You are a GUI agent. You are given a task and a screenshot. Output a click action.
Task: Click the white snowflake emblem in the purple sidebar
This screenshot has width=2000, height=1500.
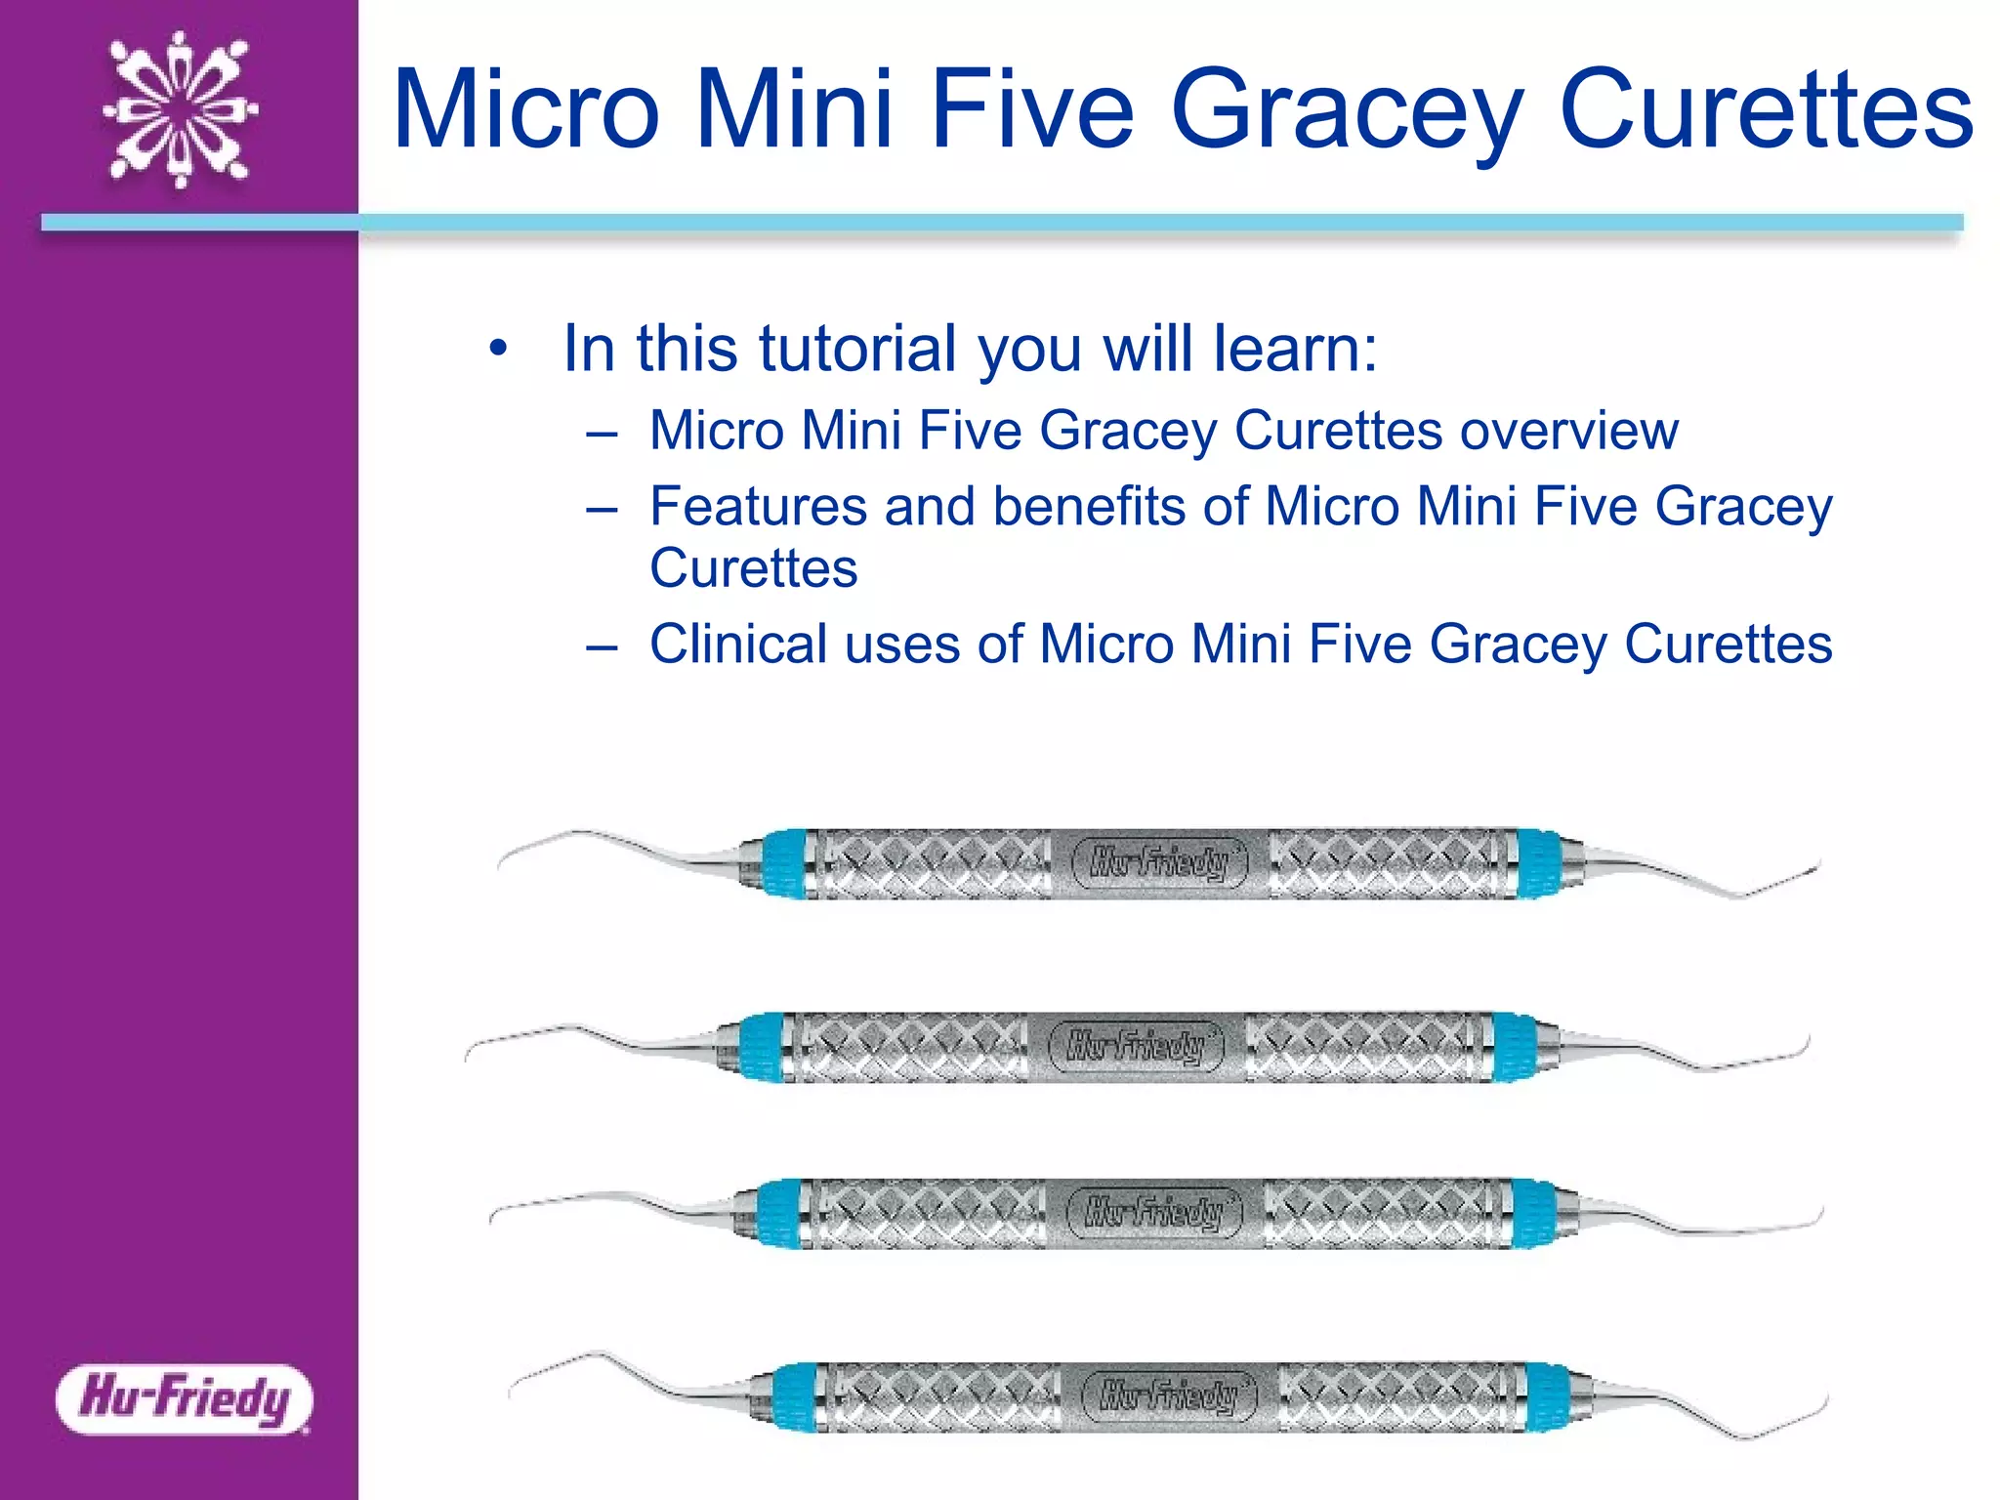pyautogui.click(x=180, y=109)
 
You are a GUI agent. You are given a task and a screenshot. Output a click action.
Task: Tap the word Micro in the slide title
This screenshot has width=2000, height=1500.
pyautogui.click(x=527, y=109)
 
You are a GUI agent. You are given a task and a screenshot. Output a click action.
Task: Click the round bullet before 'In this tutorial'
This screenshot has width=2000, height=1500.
pyautogui.click(x=499, y=350)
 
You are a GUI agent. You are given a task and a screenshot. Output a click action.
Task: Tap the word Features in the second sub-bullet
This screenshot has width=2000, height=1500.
pyautogui.click(x=758, y=507)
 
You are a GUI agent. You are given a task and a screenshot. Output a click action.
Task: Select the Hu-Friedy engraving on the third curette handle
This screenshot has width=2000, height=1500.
pyautogui.click(x=1153, y=1213)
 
